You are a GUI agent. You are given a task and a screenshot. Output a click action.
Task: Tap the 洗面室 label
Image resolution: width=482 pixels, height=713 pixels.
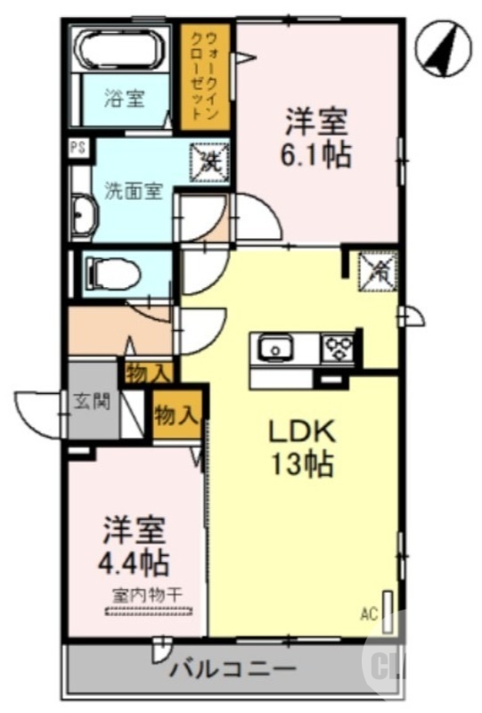pos(133,190)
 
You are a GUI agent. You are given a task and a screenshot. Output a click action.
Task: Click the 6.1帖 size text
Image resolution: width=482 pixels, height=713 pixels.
pos(315,155)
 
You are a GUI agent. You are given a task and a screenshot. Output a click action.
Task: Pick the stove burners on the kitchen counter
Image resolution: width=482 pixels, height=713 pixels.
pos(338,347)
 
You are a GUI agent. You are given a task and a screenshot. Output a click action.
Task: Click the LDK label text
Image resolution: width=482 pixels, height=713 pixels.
pos(302,431)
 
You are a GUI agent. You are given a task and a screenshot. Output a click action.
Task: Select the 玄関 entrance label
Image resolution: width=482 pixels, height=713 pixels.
pos(93,401)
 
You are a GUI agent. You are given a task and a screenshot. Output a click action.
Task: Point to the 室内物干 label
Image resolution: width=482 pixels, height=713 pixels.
pos(147,594)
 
